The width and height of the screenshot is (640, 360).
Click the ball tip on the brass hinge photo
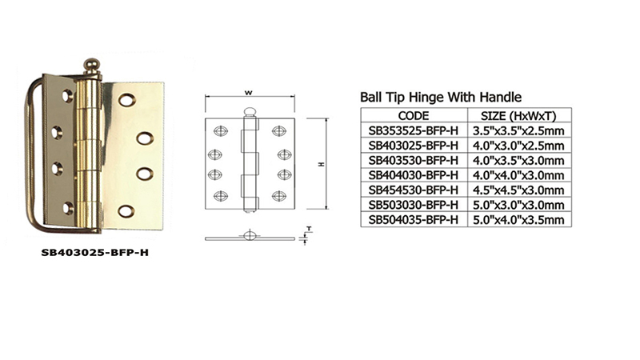click(92, 66)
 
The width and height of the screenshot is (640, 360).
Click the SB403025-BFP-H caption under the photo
click(95, 253)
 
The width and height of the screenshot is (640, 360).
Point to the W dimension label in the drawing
click(248, 93)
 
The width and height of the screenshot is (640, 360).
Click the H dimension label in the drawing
click(322, 164)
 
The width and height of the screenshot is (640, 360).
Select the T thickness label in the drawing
click(309, 229)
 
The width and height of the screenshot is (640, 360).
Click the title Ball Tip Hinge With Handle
click(441, 97)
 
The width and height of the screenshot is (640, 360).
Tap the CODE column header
click(414, 116)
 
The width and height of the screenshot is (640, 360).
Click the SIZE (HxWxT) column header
click(518, 116)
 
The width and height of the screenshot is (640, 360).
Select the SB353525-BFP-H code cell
click(414, 130)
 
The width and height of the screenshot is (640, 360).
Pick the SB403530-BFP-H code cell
click(414, 160)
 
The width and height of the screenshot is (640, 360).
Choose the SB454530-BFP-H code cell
click(414, 190)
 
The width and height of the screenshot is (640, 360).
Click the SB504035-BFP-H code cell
click(414, 219)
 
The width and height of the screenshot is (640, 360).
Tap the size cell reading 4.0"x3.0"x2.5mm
click(518, 146)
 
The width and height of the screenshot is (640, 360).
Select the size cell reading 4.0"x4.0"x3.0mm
click(518, 175)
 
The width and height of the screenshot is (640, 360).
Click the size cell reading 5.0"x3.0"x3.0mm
click(518, 205)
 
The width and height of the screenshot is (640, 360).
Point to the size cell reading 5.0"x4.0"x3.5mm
click(518, 219)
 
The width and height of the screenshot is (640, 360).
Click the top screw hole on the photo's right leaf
click(126, 100)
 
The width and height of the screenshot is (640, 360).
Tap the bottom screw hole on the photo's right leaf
click(126, 211)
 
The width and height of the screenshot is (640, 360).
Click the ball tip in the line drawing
click(250, 111)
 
